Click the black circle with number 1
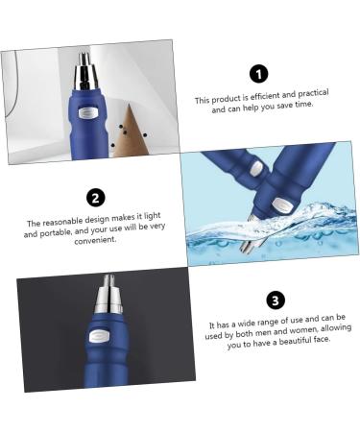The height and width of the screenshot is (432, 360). (258, 74)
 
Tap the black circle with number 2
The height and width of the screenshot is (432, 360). (95, 198)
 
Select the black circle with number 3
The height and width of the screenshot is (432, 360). (275, 300)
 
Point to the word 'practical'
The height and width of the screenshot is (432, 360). (310, 92)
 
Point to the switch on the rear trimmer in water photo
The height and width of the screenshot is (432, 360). (256, 168)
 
